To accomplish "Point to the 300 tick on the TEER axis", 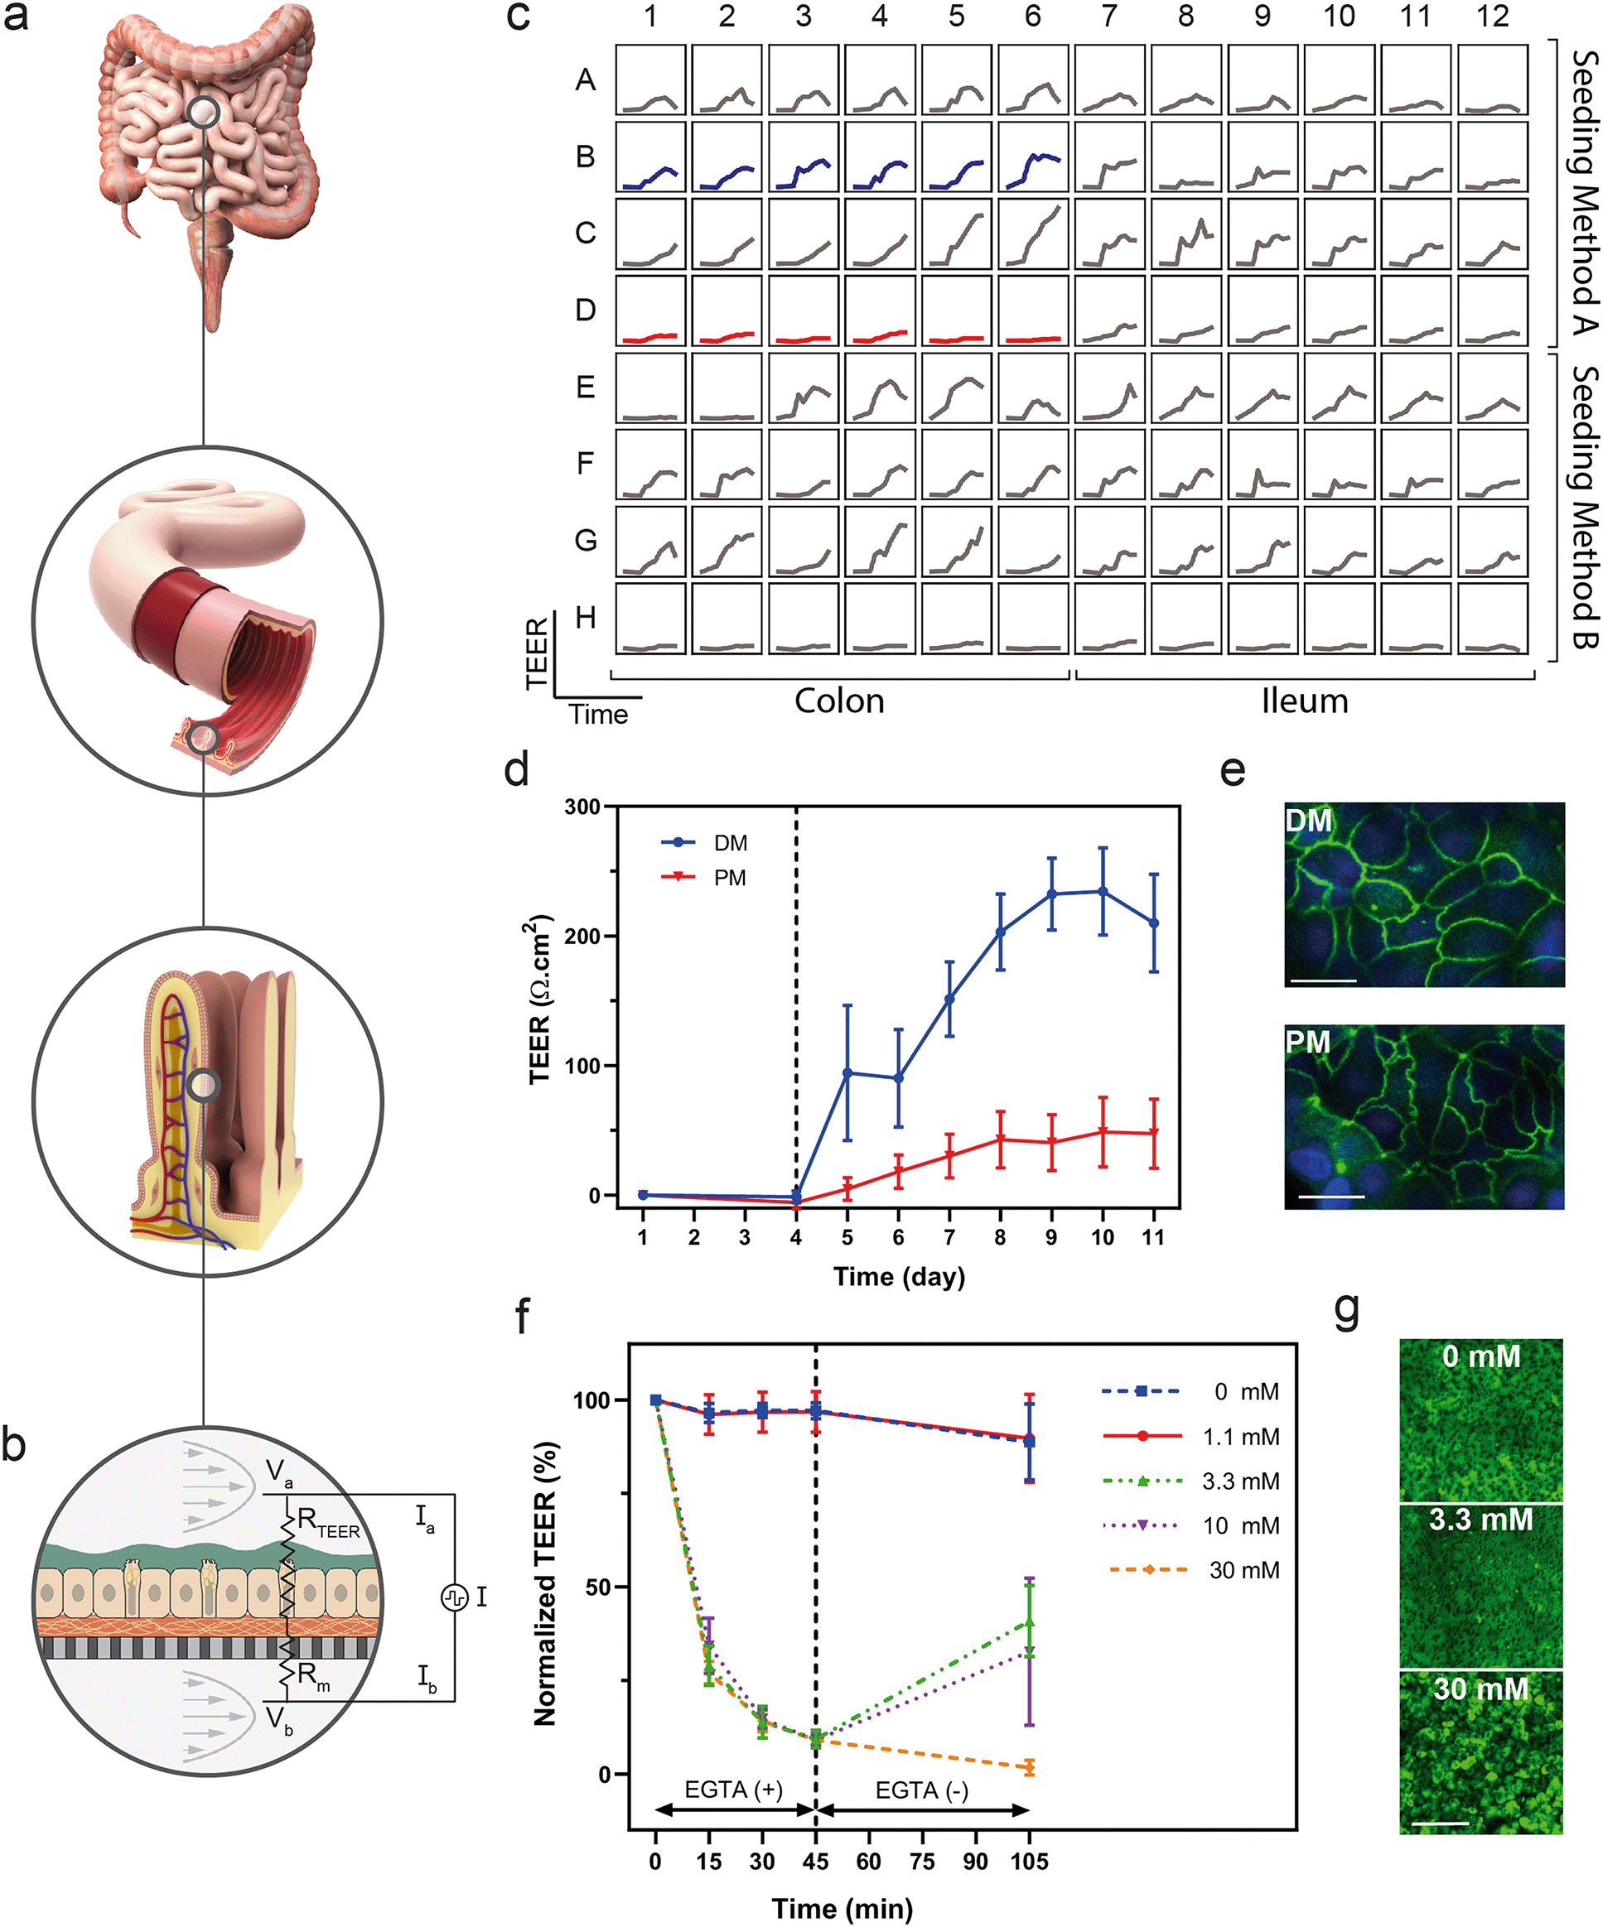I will point(582,807).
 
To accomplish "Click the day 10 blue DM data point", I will point(1103,892).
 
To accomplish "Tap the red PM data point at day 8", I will point(1000,1139).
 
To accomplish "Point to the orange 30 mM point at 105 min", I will point(1029,1767).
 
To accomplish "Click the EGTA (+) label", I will point(733,1790).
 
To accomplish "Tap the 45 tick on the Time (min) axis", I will point(815,1861).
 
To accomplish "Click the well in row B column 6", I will point(1033,157).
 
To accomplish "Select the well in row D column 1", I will point(650,311).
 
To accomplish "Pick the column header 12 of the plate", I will point(1493,17).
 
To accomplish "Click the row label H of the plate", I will point(586,618).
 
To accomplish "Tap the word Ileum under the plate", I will point(1305,701).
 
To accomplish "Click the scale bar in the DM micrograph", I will point(1323,980).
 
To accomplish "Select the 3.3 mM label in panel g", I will point(1480,1520).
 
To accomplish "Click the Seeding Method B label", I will point(1585,507).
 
